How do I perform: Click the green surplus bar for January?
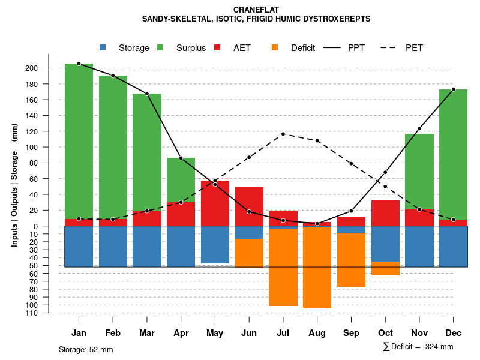(79, 141)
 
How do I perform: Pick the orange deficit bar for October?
(385, 268)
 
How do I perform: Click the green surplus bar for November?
(419, 171)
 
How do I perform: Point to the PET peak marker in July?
(283, 134)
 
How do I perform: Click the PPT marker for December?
(453, 89)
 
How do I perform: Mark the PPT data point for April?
(181, 158)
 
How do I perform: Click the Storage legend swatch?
(103, 48)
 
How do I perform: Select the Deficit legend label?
(303, 48)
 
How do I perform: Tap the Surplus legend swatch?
(160, 48)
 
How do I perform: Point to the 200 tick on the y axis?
(49, 68)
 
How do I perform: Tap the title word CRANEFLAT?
(256, 10)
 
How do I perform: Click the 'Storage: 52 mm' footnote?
(86, 349)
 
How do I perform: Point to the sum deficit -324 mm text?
(418, 347)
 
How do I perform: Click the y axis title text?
(14, 185)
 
